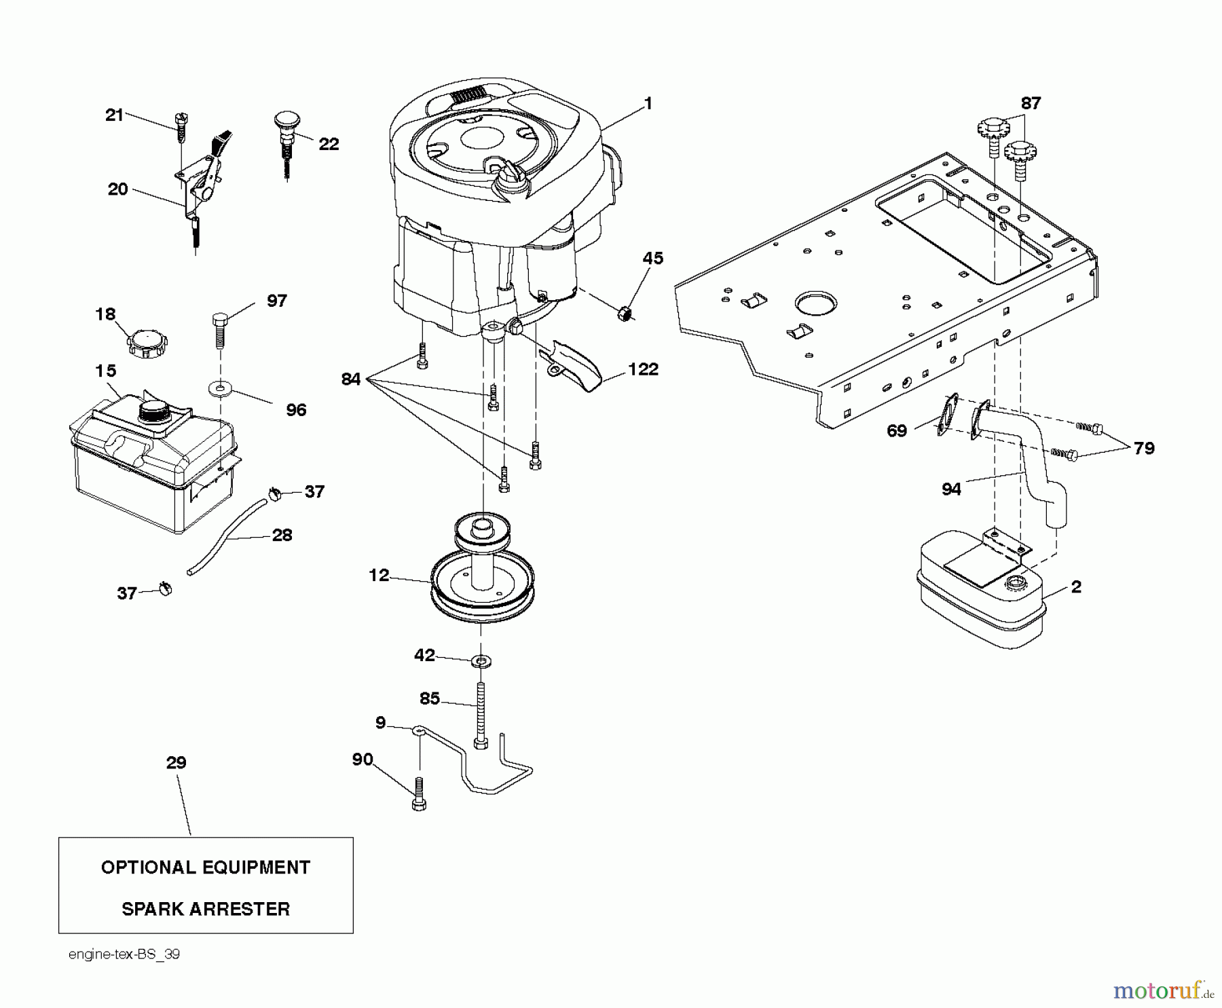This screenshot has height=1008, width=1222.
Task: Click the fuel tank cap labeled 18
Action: coord(147,343)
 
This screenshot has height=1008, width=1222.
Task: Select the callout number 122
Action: coord(643,369)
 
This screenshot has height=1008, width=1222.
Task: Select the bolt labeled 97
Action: coord(219,329)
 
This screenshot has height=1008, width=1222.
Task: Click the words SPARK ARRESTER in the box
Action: coord(206,909)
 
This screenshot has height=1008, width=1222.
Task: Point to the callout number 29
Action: coord(176,762)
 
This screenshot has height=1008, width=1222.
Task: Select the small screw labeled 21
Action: coord(181,128)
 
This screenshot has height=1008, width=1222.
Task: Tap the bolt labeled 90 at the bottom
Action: coord(419,794)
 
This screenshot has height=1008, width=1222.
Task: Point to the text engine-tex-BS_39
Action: coord(124,954)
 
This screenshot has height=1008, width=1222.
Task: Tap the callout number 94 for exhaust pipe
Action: coord(951,489)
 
